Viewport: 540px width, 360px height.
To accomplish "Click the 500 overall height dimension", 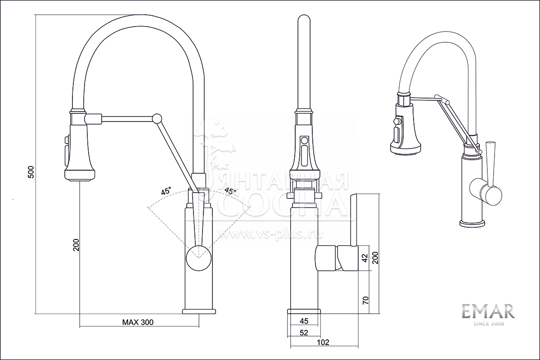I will (31, 172).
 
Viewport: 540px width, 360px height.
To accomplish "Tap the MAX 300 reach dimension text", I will (138, 322).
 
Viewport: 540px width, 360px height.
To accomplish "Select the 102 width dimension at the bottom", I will (323, 342).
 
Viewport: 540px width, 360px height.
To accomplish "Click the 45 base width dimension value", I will (304, 321).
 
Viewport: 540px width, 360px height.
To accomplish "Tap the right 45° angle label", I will (230, 192).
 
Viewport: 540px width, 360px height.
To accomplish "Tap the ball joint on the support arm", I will (157, 118).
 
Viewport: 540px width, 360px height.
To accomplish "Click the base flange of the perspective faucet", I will (472, 223).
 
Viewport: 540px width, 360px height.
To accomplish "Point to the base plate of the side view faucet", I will (304, 312).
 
